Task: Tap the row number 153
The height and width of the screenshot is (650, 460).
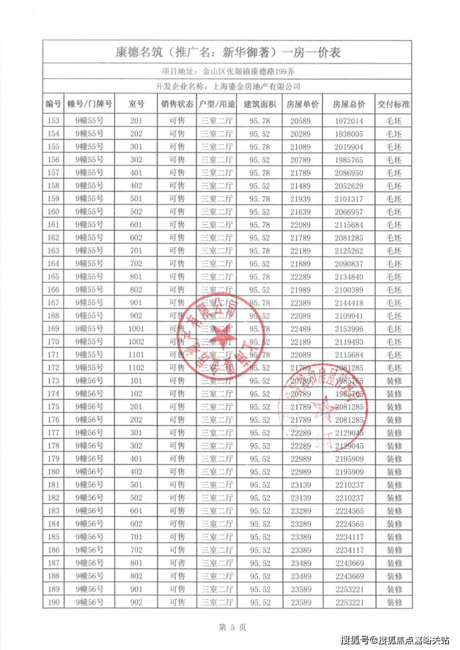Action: (x=53, y=121)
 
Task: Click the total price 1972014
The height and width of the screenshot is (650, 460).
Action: (x=348, y=121)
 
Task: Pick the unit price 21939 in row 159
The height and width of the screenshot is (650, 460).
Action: (x=303, y=198)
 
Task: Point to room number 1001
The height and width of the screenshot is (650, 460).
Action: (x=136, y=328)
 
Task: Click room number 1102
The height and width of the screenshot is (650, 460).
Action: (x=136, y=367)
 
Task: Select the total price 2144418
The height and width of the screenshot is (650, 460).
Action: (x=348, y=302)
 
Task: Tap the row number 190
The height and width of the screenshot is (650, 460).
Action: (x=53, y=602)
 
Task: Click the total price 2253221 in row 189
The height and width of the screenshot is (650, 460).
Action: (x=348, y=588)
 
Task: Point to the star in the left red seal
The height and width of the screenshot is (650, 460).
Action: (x=219, y=336)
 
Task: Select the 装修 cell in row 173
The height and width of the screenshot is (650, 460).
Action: (x=393, y=380)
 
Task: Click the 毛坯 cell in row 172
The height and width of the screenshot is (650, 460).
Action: (x=393, y=367)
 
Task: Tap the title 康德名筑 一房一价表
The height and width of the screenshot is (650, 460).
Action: (x=228, y=52)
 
